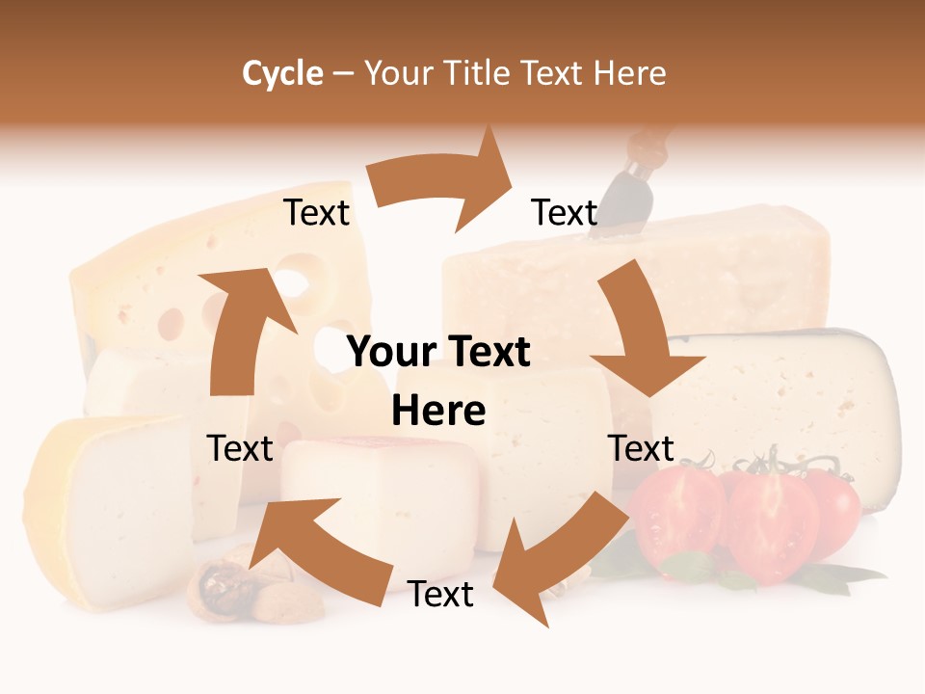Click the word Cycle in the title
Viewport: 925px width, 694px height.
282,73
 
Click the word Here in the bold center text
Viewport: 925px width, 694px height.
438,412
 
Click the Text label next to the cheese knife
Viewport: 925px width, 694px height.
565,213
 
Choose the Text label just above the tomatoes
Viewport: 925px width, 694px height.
641,448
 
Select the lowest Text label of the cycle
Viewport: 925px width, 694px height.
440,595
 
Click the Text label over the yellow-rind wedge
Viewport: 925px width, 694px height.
240,448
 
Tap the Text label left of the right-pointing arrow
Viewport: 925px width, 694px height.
316,213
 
